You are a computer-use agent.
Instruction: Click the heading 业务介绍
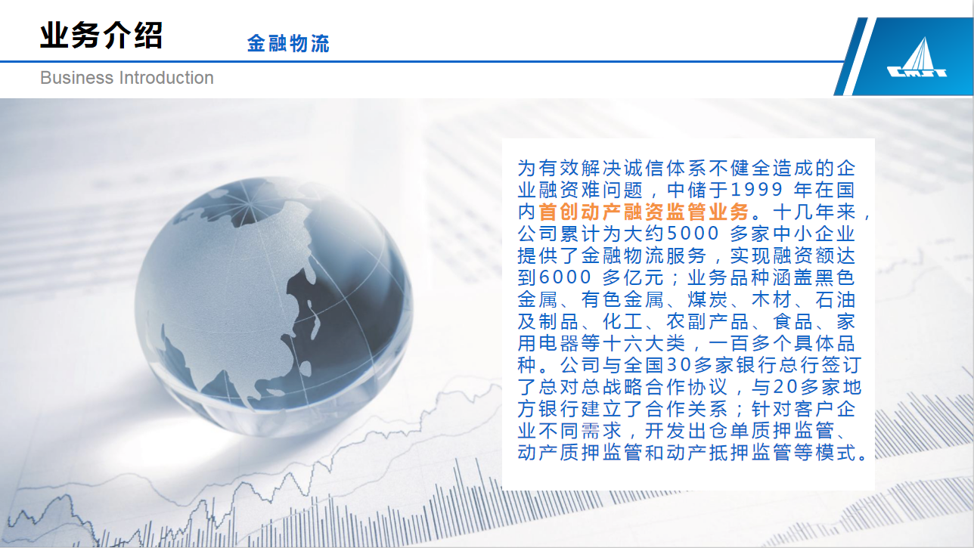[x=101, y=36]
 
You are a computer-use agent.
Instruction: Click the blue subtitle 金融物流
[x=288, y=43]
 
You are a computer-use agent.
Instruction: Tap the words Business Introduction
[x=127, y=78]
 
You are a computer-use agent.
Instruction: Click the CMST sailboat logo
[x=917, y=59]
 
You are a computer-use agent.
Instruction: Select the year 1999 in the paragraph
[x=756, y=190]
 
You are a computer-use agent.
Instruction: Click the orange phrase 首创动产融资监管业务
[x=644, y=212]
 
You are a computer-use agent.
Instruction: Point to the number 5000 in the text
[x=693, y=234]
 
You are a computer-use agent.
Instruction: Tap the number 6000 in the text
[x=566, y=277]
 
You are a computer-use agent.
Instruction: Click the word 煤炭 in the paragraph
[x=707, y=299]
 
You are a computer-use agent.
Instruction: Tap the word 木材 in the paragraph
[x=771, y=299]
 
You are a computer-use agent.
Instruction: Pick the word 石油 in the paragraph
[x=835, y=299]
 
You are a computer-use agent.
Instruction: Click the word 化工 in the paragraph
[x=622, y=321]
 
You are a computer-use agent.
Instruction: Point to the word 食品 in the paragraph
[x=793, y=321]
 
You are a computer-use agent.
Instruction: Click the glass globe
[x=273, y=304]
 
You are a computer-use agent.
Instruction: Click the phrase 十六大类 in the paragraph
[x=643, y=343]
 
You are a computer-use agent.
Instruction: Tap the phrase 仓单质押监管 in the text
[x=771, y=431]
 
